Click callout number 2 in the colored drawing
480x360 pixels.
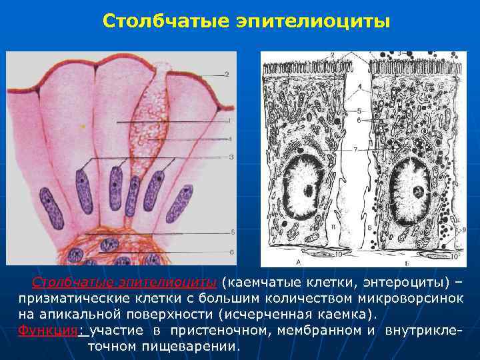(x=227, y=74)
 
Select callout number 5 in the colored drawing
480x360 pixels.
(x=232, y=233)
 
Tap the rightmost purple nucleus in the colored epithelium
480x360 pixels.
(x=179, y=204)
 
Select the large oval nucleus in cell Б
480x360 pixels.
(x=416, y=190)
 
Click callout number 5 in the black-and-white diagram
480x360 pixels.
(x=359, y=110)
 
